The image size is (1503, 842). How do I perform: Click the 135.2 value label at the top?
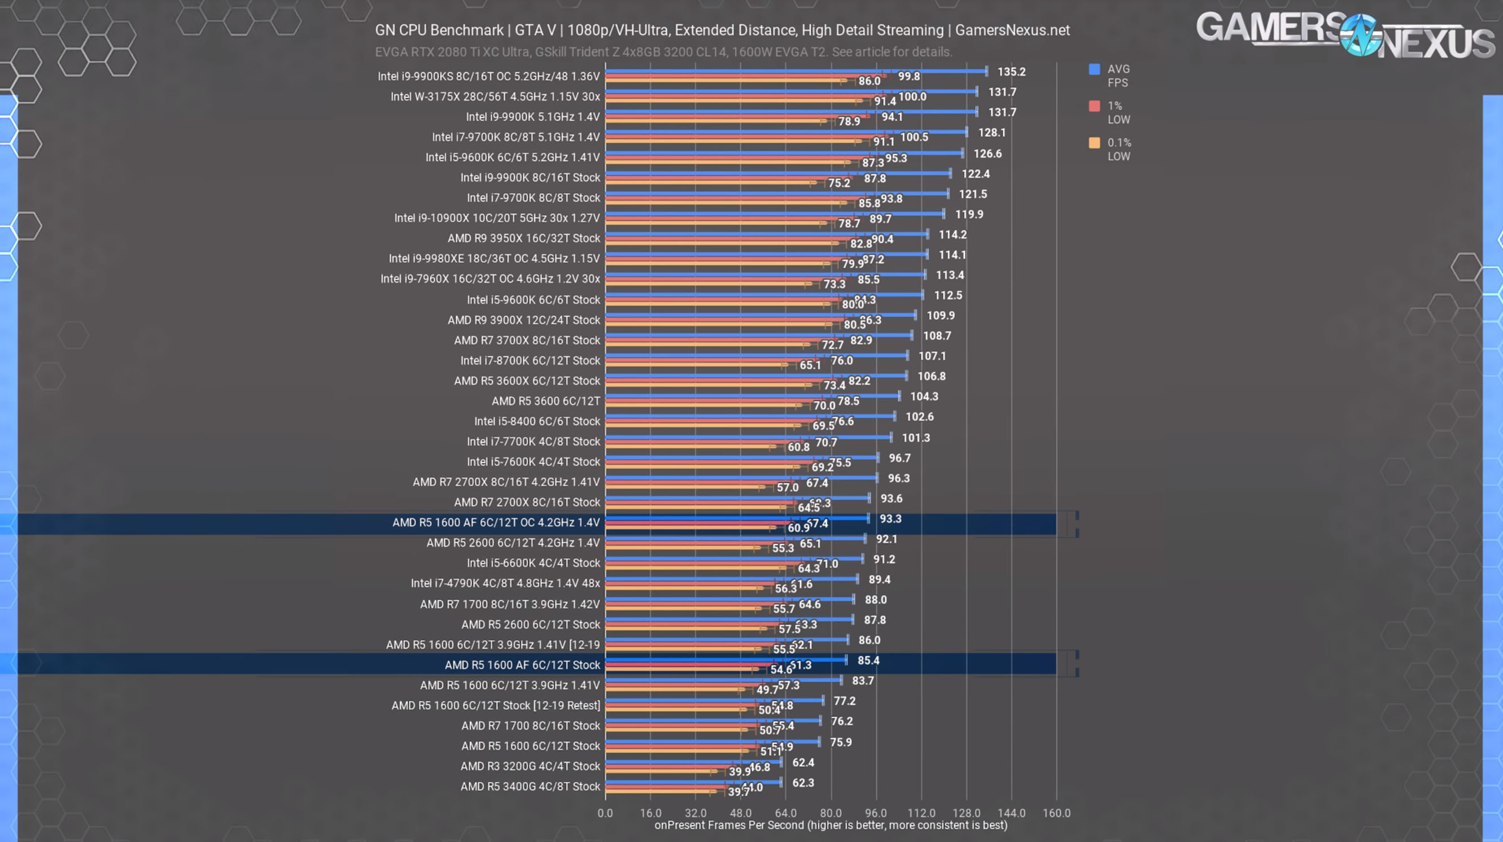(1011, 72)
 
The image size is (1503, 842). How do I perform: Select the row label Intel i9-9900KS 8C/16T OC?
(488, 76)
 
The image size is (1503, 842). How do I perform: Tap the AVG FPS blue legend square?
(1094, 69)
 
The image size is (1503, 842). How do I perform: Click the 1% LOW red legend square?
(1094, 106)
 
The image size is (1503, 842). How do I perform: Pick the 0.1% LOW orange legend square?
(1094, 143)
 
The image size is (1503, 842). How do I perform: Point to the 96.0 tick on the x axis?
(875, 813)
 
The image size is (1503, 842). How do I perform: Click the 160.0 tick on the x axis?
(1056, 813)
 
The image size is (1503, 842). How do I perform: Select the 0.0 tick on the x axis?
(605, 813)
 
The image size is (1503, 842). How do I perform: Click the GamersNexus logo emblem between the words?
(1360, 35)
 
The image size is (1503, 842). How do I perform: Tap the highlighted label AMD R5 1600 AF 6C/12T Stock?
(522, 665)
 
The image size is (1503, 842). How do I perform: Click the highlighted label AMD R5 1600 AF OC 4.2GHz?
(496, 522)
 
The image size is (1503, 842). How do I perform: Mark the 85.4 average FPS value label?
(868, 661)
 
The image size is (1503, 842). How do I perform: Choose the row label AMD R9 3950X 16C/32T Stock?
(523, 238)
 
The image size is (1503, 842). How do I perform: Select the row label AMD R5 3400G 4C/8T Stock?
(530, 787)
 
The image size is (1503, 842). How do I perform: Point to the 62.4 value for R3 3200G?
(803, 762)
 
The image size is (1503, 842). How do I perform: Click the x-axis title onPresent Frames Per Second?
(831, 825)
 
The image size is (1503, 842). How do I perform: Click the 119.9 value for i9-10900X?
(968, 215)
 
